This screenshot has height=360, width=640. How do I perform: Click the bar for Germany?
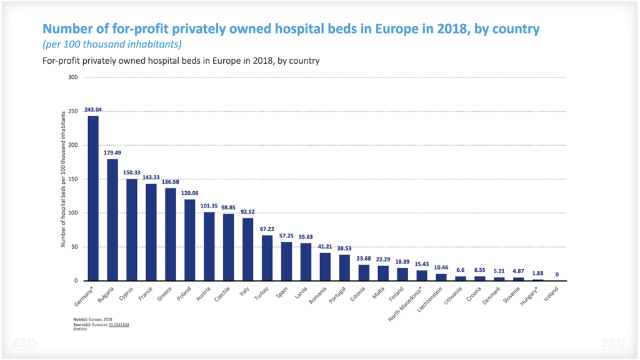93,198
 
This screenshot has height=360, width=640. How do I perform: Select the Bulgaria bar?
112,219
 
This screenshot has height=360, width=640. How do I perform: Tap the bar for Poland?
189,240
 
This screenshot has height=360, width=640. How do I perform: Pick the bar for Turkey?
267,257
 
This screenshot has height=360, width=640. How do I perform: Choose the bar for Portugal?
344,267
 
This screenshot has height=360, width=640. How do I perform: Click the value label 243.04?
93,110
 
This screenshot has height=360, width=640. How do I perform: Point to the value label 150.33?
132,173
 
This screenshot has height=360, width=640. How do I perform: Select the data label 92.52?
247,212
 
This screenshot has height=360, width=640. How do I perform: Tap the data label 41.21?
325,247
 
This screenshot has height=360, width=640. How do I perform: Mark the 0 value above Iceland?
556,274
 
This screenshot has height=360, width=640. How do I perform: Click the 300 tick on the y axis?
73,77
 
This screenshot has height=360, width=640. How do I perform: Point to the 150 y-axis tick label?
73,179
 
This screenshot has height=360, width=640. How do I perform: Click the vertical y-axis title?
63,179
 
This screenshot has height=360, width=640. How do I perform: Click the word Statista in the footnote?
80,329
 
